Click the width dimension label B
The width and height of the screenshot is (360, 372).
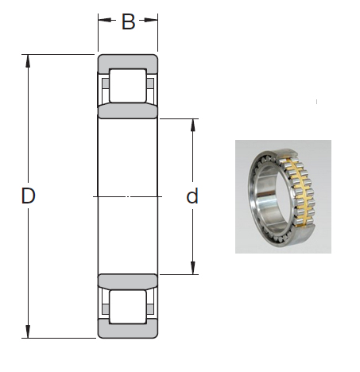pyautogui.click(x=128, y=22)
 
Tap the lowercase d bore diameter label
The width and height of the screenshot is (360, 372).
pyautogui.click(x=192, y=196)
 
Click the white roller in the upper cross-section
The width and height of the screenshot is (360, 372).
pyautogui.click(x=128, y=84)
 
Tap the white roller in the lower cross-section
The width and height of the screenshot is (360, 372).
pyautogui.click(x=128, y=306)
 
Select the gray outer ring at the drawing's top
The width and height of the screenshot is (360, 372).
pyautogui.click(x=128, y=61)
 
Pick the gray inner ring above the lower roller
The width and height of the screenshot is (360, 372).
pyautogui.click(x=128, y=281)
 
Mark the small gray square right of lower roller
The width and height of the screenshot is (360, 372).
pyautogui.click(x=151, y=306)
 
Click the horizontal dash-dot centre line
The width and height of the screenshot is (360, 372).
pyautogui.click(x=128, y=196)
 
